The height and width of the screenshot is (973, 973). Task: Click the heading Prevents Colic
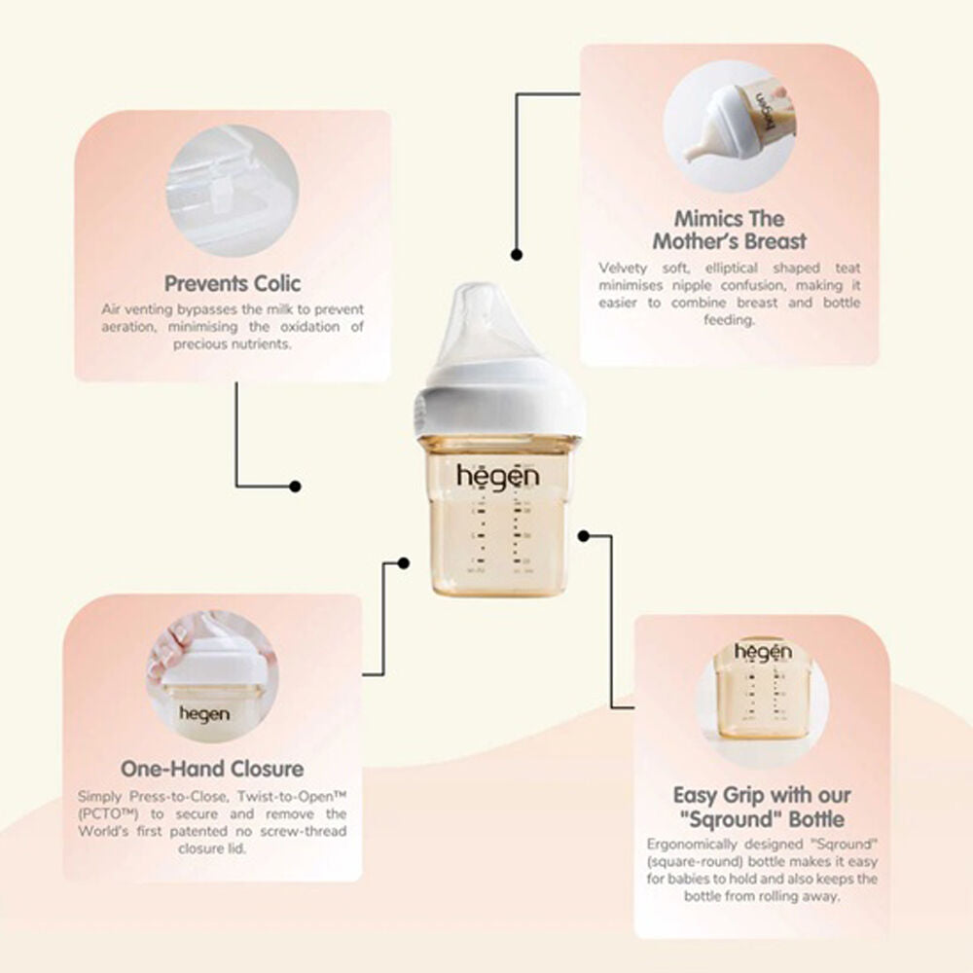point(233,283)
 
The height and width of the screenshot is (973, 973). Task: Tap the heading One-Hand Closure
point(212,769)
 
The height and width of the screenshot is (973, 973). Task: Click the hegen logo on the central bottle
point(498,477)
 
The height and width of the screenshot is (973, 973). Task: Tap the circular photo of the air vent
point(233,191)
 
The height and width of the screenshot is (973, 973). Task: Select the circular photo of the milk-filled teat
point(730,126)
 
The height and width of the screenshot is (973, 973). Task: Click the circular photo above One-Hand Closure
point(212,676)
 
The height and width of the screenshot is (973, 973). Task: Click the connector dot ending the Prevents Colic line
point(296,486)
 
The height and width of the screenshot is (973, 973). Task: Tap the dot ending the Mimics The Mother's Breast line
point(517,254)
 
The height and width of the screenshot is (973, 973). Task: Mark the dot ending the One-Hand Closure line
point(404,562)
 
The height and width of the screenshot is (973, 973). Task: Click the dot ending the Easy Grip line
point(583,535)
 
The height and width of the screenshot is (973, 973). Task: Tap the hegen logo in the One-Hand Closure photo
point(204,714)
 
